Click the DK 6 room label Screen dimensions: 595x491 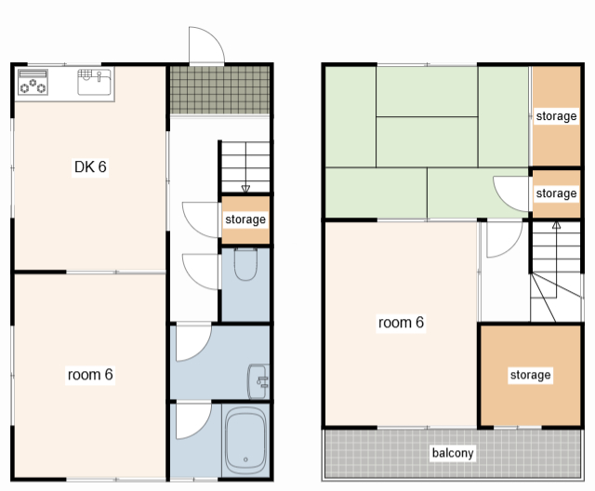[90, 167]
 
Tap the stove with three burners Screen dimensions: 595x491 [33, 82]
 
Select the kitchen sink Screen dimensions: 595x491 [94, 82]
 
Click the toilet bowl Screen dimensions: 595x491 [245, 264]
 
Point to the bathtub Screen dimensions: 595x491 [245, 440]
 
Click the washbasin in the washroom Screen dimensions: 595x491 [258, 381]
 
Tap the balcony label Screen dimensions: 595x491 [453, 453]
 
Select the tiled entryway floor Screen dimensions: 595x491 [219, 90]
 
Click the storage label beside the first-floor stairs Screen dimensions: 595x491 [245, 219]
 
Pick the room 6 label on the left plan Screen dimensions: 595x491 [90, 375]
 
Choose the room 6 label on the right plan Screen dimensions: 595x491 [401, 323]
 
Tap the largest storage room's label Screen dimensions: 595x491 [530, 375]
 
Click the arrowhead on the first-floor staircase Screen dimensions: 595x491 [245, 189]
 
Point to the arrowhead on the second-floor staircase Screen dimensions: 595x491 [556, 225]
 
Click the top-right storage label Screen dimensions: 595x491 [556, 116]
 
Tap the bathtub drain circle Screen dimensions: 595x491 [245, 459]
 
